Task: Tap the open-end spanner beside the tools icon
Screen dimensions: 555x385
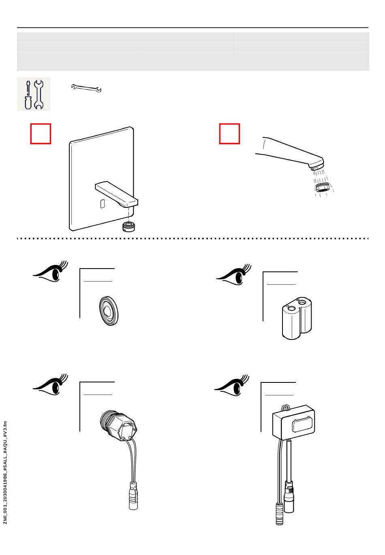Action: point(86,88)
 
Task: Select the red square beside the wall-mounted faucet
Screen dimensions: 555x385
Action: point(41,134)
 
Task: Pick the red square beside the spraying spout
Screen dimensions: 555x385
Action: point(229,134)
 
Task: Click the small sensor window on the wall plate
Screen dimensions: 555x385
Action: point(103,204)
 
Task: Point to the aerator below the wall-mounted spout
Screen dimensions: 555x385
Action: point(129,226)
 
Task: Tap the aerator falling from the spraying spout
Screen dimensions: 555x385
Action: point(322,188)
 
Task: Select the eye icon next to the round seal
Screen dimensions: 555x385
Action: point(51,272)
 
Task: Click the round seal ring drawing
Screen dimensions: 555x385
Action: point(109,311)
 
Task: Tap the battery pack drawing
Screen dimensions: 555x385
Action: point(297,318)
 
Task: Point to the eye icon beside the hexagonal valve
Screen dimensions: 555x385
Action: point(51,385)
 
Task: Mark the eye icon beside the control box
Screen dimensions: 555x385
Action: point(232,385)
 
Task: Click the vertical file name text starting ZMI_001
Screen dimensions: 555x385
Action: point(5,472)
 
